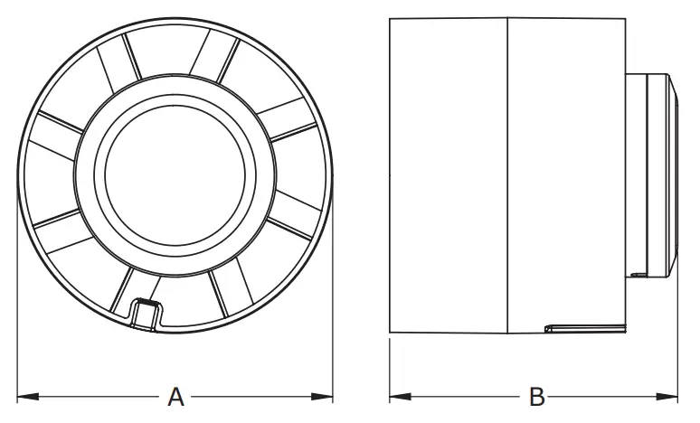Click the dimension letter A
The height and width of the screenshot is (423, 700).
point(176,396)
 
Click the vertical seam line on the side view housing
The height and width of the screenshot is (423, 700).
point(507,172)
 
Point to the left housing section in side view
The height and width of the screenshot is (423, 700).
point(448,172)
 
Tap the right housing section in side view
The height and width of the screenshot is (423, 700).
point(565,172)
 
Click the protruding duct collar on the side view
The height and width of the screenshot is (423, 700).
point(651,172)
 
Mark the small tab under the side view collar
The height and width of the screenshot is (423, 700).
point(639,270)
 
